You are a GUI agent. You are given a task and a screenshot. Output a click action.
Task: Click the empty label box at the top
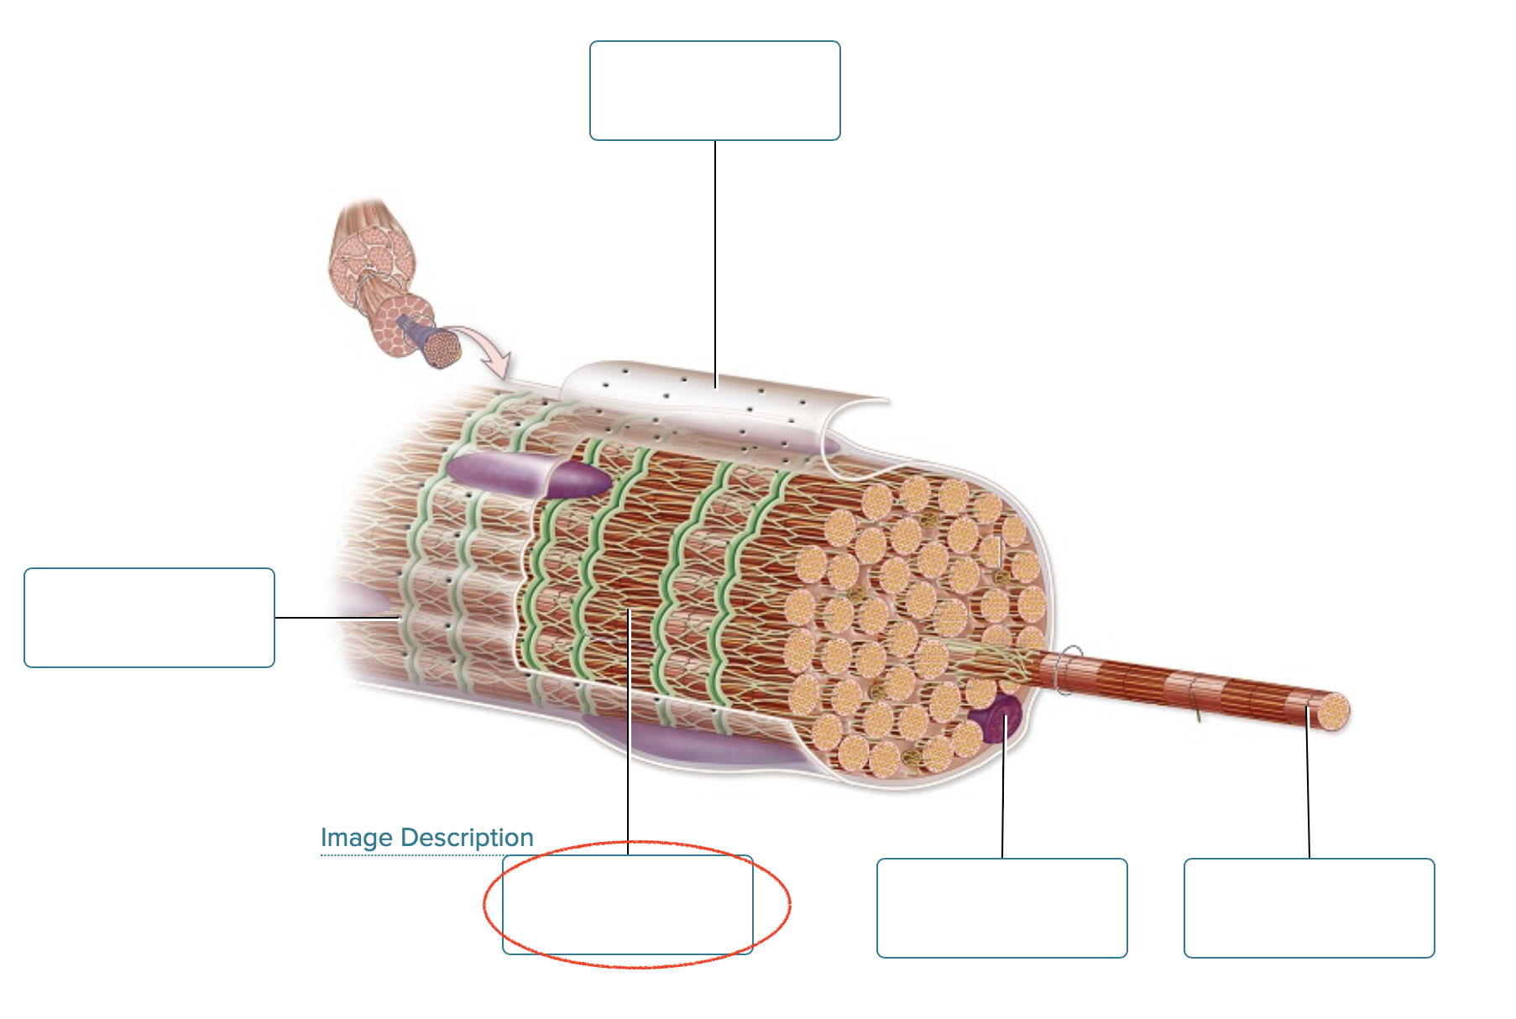pos(714,91)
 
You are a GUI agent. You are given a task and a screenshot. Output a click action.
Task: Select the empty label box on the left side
pos(149,618)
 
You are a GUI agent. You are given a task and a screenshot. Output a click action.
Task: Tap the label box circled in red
pos(628,905)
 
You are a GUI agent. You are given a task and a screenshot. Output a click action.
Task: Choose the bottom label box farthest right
pos(1309,907)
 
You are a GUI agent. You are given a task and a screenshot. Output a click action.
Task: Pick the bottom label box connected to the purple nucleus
pos(1001,907)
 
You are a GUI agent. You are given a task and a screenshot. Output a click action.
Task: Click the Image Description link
pos(426,838)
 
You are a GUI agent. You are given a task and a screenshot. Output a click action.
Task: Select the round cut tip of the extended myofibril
pos(1333,712)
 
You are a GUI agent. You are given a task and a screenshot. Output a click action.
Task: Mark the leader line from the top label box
pos(715,260)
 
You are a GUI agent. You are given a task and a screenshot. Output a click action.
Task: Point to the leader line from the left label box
pos(336,618)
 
